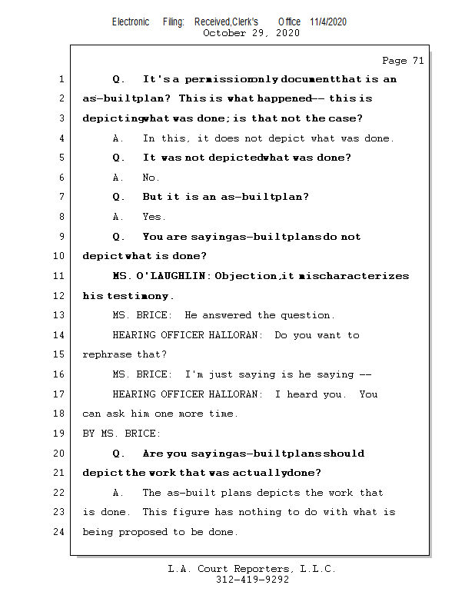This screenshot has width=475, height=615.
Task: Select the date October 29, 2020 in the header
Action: (x=251, y=33)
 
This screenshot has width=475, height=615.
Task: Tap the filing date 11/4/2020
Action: (x=328, y=22)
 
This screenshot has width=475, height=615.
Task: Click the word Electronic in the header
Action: (x=131, y=22)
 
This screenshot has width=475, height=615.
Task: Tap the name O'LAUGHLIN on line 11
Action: (x=173, y=276)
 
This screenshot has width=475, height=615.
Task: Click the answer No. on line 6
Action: (x=151, y=178)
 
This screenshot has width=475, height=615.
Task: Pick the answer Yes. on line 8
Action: (x=154, y=217)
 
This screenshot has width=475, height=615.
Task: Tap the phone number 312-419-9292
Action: (x=252, y=580)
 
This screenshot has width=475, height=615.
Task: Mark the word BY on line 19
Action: (x=89, y=434)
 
